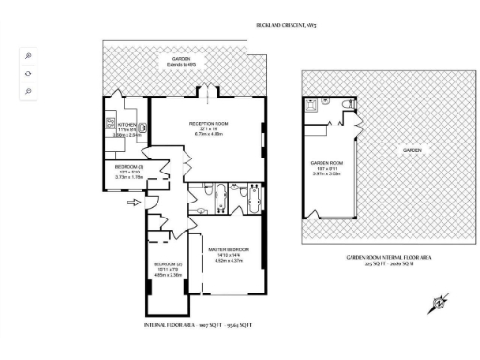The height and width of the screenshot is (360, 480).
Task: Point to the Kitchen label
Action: click(x=127, y=124)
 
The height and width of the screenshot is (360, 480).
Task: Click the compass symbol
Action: click(x=436, y=304)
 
